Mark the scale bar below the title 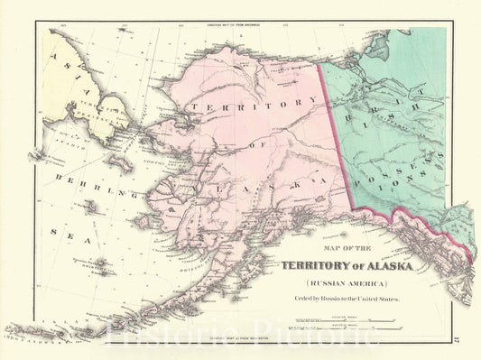click(379, 320)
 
